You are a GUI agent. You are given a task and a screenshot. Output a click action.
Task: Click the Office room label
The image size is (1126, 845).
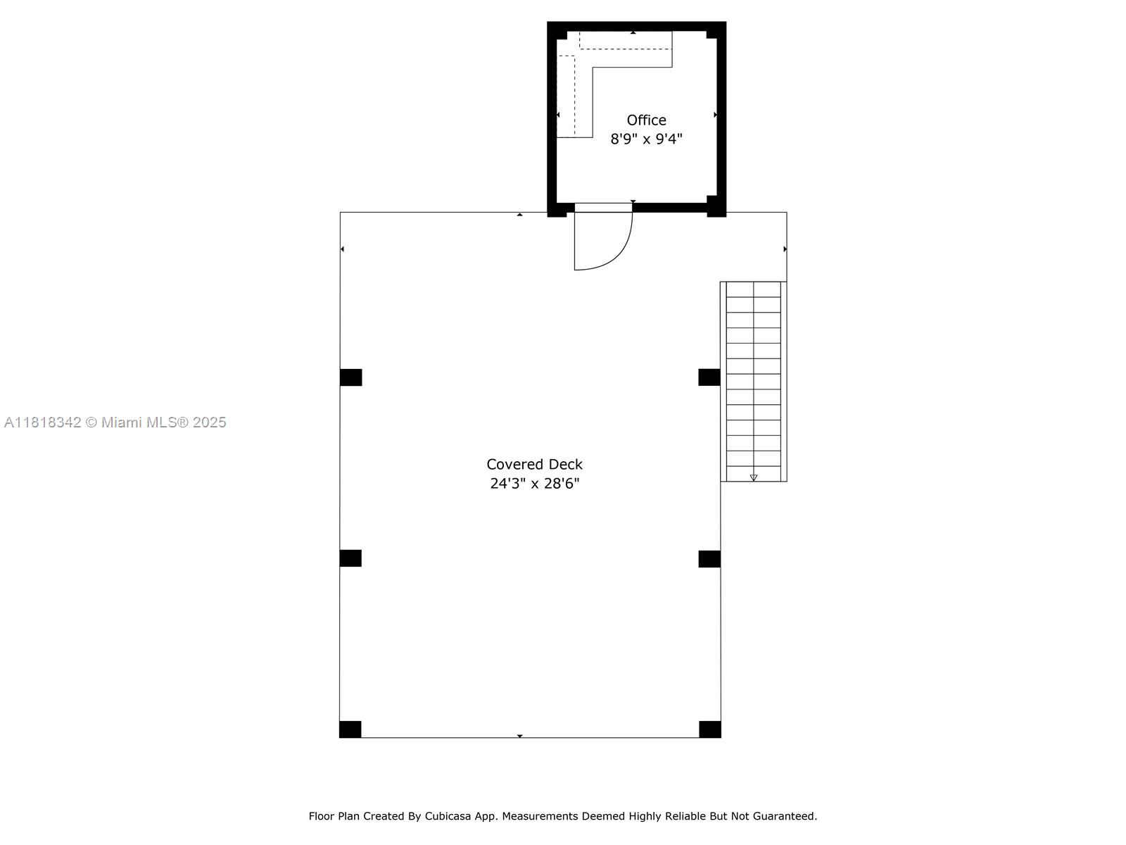coord(646,120)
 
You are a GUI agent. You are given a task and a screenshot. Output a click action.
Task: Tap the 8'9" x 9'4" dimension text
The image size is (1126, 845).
coord(646,139)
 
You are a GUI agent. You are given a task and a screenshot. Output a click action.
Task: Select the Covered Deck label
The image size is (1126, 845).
coord(534,465)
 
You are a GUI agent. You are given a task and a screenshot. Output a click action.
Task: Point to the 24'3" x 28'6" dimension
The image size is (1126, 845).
coord(534,484)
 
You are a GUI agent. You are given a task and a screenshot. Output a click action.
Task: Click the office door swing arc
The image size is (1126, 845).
coord(619,254)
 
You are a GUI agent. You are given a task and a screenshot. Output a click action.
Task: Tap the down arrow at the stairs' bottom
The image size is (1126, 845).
coord(754,477)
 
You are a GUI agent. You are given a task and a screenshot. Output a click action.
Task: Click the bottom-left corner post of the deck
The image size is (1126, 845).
coord(350,730)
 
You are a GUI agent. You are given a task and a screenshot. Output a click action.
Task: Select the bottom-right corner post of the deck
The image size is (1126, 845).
coord(709,730)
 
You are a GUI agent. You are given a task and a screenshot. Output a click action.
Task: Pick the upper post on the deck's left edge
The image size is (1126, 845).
coord(350,377)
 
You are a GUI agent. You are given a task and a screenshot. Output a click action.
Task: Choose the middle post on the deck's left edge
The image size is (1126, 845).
coord(350,558)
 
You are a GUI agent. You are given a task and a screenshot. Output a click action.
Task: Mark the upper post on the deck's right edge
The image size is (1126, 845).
coord(709,377)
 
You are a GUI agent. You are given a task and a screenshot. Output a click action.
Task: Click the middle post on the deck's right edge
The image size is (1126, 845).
coord(709,558)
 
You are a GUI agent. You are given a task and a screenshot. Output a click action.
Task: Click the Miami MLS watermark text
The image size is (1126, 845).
coord(164,423)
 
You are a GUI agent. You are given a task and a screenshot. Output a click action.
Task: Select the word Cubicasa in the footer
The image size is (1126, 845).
coord(450,816)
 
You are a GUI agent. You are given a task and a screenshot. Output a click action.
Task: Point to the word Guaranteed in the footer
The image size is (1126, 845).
coord(784,816)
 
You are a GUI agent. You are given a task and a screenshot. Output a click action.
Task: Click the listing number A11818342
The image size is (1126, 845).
coord(43,423)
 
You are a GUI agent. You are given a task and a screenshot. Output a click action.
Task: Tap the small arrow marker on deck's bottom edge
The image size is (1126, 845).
coord(520,736)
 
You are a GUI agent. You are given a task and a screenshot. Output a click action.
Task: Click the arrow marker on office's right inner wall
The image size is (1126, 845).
coord(715,115)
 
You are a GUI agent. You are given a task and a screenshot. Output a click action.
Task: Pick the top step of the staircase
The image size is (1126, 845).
coord(753,289)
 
